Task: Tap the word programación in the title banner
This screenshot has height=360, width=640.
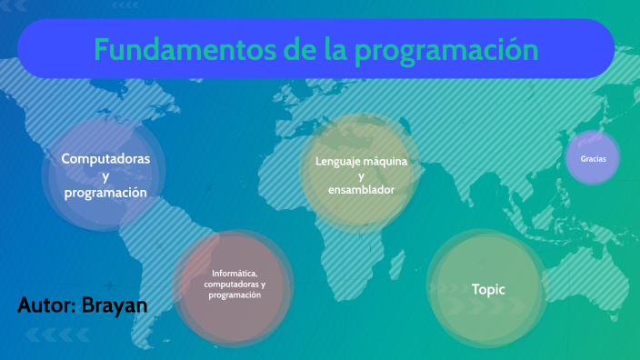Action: click(446, 50)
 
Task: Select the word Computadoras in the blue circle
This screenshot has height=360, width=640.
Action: click(105, 159)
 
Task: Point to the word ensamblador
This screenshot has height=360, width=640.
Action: click(361, 190)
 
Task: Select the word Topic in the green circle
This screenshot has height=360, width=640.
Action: click(488, 289)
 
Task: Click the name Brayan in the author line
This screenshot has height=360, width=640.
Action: click(115, 305)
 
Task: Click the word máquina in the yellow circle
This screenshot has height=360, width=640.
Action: click(386, 161)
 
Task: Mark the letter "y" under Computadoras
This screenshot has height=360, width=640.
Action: click(105, 176)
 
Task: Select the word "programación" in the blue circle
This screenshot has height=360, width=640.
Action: click(105, 193)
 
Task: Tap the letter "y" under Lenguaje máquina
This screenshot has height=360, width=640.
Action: click(361, 175)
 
